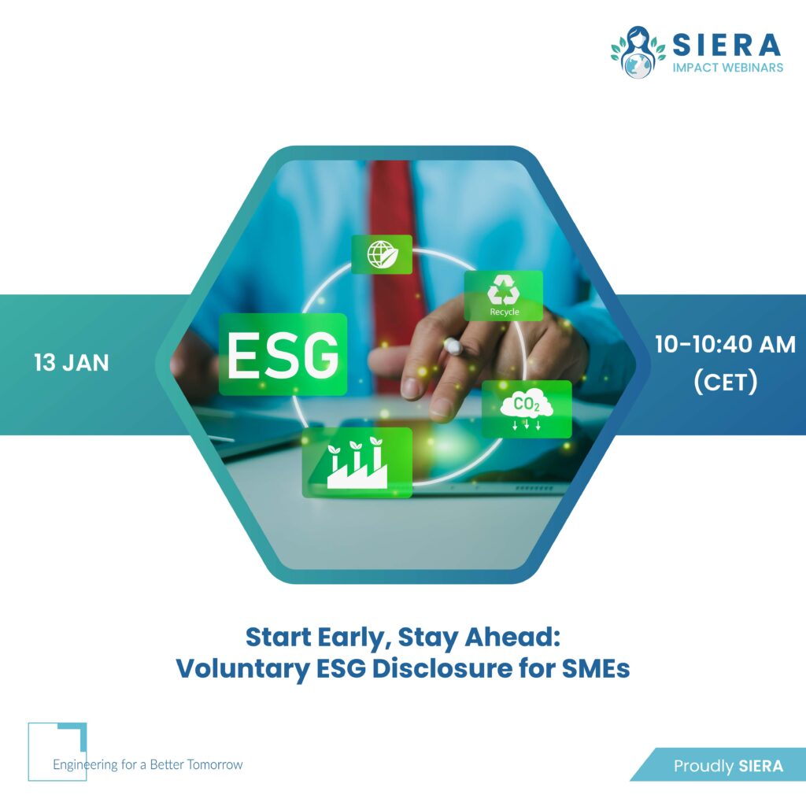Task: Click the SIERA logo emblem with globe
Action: coord(638,52)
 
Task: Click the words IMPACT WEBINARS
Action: coord(728,68)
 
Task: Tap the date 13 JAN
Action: coord(72,363)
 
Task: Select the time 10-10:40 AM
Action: coord(725,345)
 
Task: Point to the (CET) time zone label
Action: coord(726,382)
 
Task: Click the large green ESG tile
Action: coord(283,354)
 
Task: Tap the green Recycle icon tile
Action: coord(504,296)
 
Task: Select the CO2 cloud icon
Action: coord(527,409)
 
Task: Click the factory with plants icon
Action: coord(357,462)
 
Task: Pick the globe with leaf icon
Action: coord(382,254)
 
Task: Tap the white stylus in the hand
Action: coord(453,346)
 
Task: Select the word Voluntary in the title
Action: coord(243,669)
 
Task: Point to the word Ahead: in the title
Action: coord(512,637)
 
